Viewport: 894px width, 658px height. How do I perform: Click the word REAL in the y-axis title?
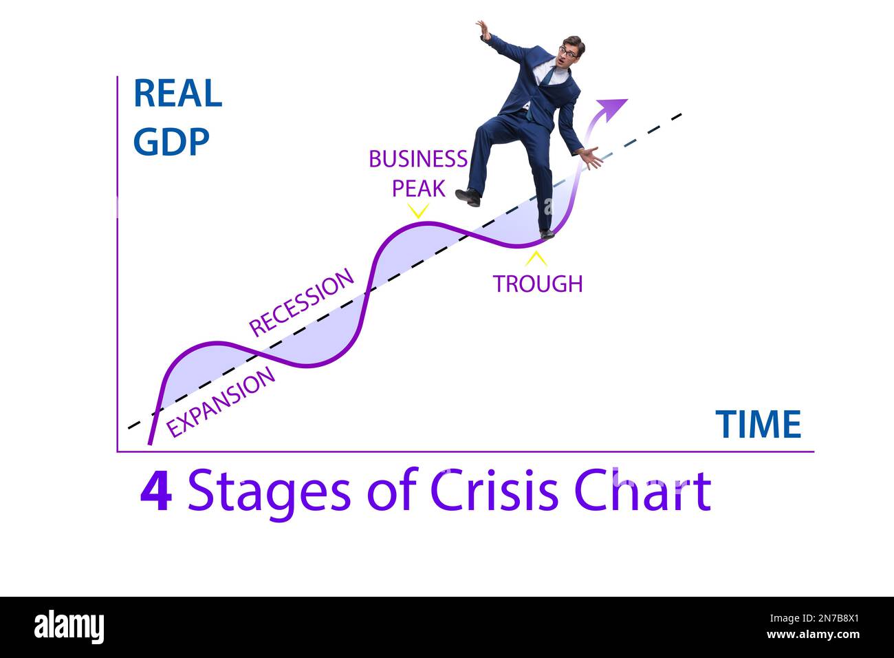click(177, 94)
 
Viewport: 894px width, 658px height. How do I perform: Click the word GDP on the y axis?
click(171, 142)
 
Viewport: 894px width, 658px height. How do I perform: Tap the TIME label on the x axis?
click(758, 424)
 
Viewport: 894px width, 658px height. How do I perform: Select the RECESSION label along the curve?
click(301, 303)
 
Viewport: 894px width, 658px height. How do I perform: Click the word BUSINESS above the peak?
click(417, 159)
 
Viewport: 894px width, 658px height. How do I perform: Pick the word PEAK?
click(418, 188)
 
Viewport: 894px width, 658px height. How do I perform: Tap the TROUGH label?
click(537, 284)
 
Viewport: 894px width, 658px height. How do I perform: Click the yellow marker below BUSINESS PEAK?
click(417, 210)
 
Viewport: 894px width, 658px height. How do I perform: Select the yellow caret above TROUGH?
click(536, 259)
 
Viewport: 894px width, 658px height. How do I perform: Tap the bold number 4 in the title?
click(156, 491)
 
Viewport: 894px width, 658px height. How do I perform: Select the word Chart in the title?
click(642, 491)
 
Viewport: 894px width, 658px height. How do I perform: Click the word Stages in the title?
click(268, 491)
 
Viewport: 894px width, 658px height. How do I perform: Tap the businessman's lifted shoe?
click(468, 197)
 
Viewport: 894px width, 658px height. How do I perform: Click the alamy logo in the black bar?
click(69, 627)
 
